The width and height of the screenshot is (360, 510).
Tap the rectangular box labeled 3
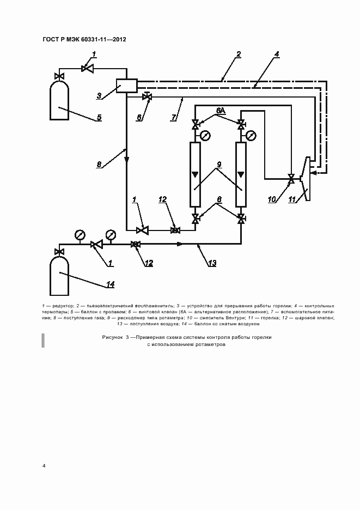point(126,86)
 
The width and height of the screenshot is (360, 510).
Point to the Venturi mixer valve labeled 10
point(292,178)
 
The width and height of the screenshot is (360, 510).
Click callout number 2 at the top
point(239,54)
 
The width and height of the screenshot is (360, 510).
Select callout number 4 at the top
point(277,54)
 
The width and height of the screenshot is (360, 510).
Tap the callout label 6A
point(220,111)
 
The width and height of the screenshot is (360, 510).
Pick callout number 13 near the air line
point(212,263)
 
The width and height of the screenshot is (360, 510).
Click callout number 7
point(174,117)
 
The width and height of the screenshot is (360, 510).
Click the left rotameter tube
point(195,174)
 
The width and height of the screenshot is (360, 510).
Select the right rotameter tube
point(240,174)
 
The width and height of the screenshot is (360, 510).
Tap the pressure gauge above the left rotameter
point(205,136)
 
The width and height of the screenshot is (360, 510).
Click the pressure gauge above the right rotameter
point(251,136)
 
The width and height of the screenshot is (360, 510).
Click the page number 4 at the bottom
point(44,465)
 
